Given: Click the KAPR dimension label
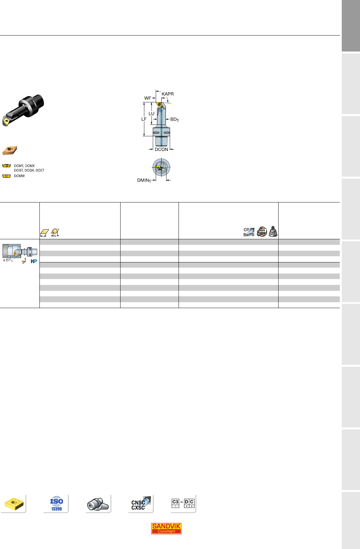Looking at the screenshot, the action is coord(167,94).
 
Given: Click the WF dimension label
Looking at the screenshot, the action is coord(148,98).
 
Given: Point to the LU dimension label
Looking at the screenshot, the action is coord(151,114).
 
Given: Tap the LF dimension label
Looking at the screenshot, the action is coord(144,119).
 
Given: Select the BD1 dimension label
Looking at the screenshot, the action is coord(174,120).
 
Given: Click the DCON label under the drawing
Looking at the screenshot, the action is coord(161,150).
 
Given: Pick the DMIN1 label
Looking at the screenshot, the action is coord(144,181).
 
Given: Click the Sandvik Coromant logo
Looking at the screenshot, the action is coord(166,528).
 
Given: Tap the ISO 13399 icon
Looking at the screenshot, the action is coord(57,503).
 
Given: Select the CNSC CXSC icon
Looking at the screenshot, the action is coord(140,503).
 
